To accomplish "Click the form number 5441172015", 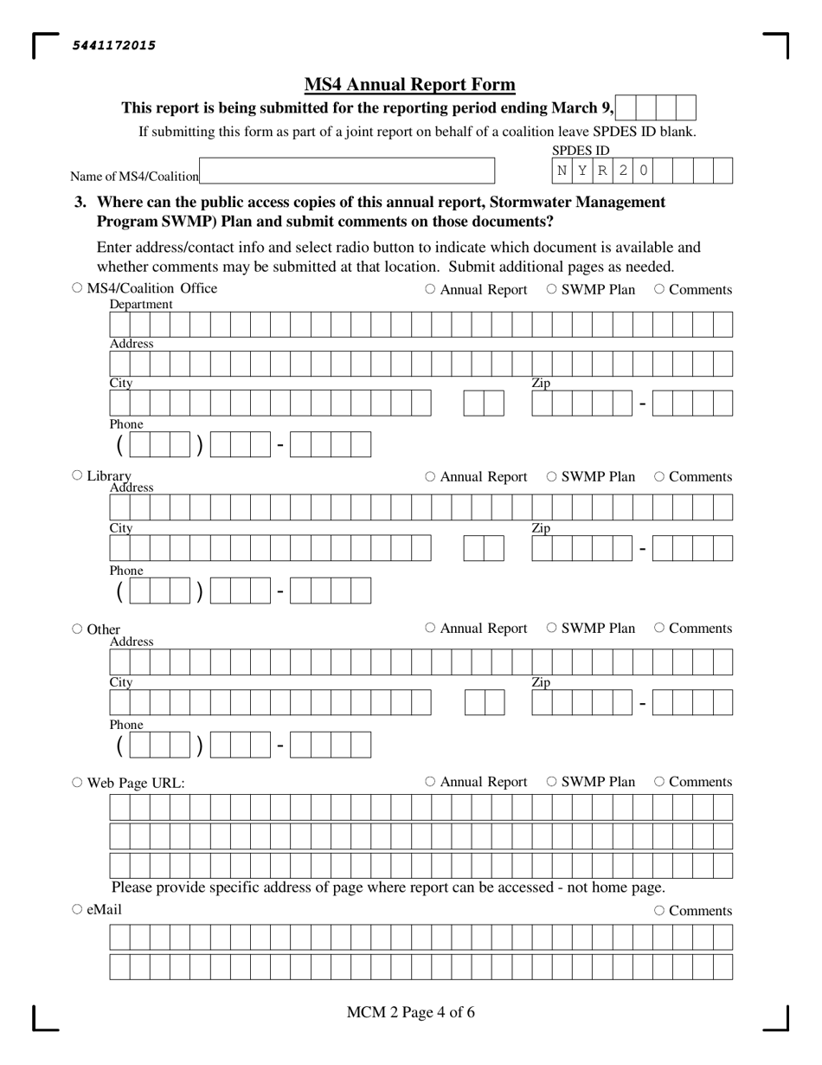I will pos(113,46).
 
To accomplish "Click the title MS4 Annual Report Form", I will pos(409,85).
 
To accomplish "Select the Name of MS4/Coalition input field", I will pos(346,171).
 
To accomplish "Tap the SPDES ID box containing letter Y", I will pos(582,171).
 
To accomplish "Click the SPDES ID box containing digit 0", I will pos(643,171).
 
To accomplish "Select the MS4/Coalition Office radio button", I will pos(77,288).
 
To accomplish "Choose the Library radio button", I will pos(77,475).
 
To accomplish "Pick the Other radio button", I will pos(77,629).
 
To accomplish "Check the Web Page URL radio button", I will pos(77,782).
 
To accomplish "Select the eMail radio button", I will pos(77,909).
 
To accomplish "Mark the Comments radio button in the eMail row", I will pos(659,910).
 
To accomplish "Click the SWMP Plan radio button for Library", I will pos(552,476).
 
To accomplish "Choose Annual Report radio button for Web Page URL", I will pos(430,781).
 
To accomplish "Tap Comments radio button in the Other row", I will pos(659,628).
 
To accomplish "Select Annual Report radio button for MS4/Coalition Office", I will pos(430,289).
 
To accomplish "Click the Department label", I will pos(141,305).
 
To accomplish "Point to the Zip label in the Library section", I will pos(541,528).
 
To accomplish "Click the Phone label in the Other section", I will pos(126,725).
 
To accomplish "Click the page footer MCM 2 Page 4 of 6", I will pos(410,1012).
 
